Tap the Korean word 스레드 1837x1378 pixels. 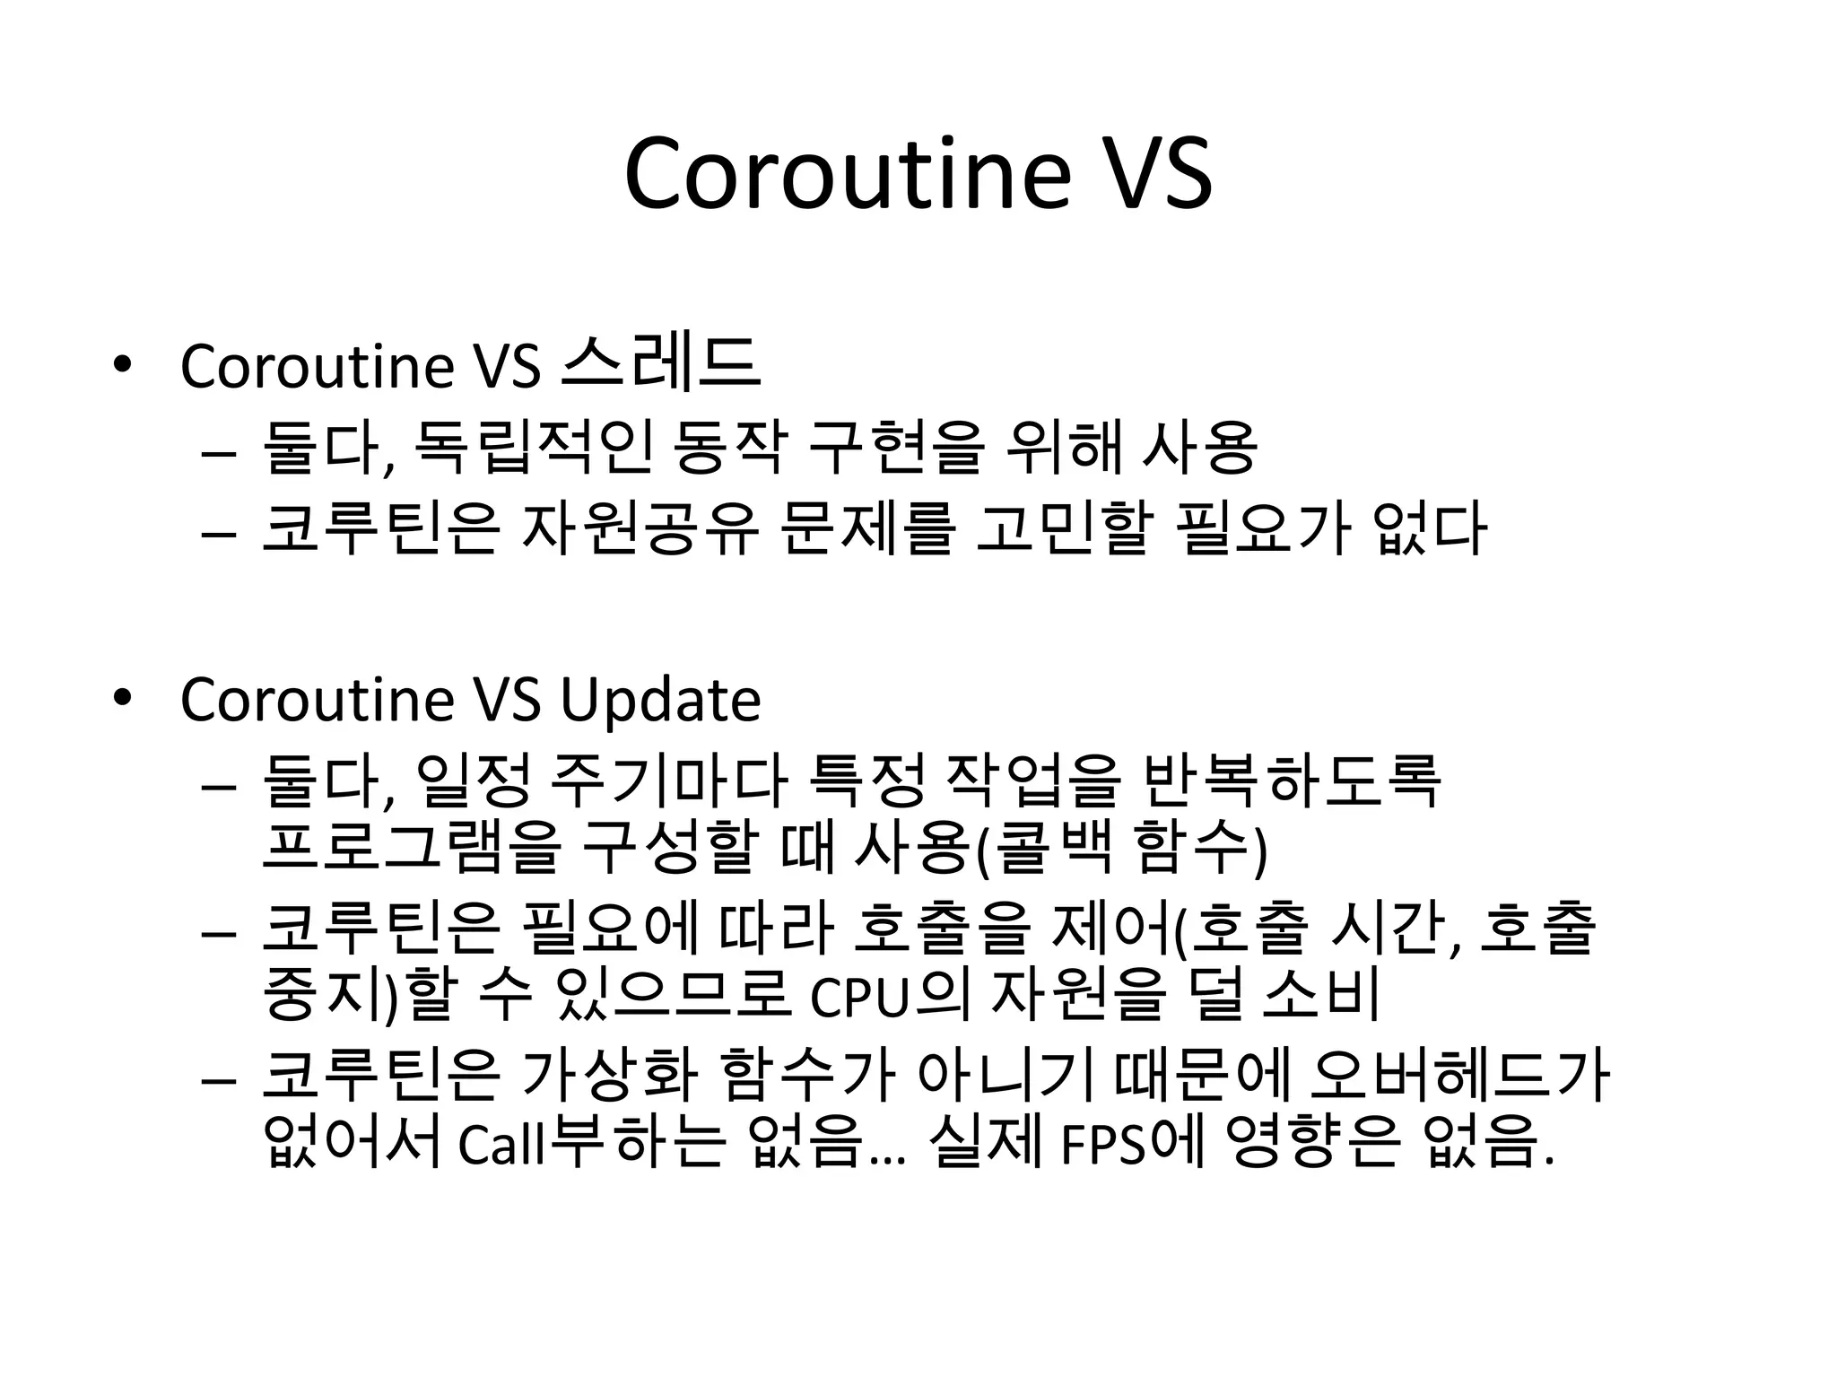[660, 363]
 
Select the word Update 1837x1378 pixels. [660, 701]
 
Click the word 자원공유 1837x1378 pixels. [640, 528]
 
